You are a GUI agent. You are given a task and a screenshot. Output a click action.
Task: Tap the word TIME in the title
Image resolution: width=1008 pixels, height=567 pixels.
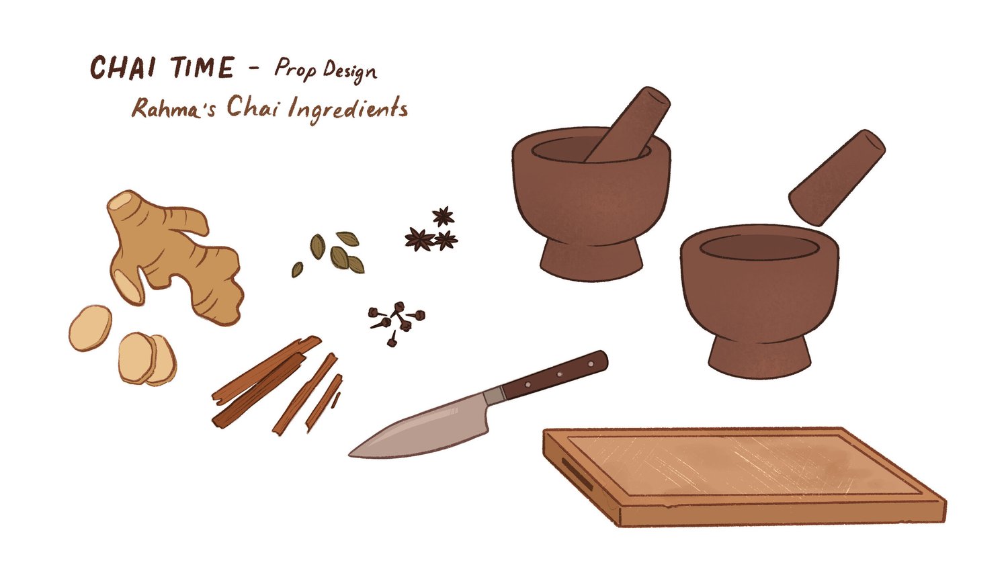pyautogui.click(x=201, y=69)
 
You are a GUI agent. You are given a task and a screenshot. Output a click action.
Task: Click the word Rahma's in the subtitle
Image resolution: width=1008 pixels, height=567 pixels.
pyautogui.click(x=173, y=110)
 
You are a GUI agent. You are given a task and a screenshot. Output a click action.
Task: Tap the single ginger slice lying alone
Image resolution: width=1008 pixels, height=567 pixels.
pyautogui.click(x=90, y=328)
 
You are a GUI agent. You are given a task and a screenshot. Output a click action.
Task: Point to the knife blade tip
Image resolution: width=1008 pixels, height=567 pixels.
pyautogui.click(x=353, y=455)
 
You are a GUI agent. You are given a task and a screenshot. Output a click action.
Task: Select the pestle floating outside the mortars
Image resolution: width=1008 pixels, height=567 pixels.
pyautogui.click(x=837, y=177)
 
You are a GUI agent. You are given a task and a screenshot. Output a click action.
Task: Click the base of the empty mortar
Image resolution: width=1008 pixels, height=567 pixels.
pyautogui.click(x=759, y=356)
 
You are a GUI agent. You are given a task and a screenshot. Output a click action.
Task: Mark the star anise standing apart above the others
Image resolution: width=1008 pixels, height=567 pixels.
pyautogui.click(x=443, y=216)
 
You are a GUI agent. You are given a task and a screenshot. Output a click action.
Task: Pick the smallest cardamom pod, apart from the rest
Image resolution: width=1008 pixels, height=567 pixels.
pyautogui.click(x=297, y=269)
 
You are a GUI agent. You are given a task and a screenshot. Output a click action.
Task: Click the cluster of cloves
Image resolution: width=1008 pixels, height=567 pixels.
pyautogui.click(x=396, y=319)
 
